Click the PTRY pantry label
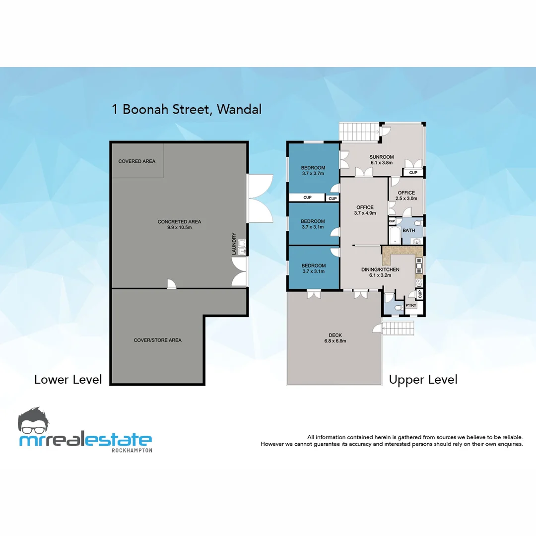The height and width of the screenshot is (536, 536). pos(411,306)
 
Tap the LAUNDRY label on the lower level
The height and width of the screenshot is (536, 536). pos(234,244)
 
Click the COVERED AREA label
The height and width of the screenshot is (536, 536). pos(136,161)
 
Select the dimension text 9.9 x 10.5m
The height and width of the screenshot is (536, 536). pos(179,228)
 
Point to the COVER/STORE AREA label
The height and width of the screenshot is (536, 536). pos(157,340)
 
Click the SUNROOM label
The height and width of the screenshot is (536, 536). pos(381,157)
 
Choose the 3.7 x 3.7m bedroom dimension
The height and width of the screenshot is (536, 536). pos(313,174)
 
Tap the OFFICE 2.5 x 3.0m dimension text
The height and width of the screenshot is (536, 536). pos(406,199)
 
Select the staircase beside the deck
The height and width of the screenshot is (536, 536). pos(399,328)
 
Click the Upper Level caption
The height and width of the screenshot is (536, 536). pos(423,380)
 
